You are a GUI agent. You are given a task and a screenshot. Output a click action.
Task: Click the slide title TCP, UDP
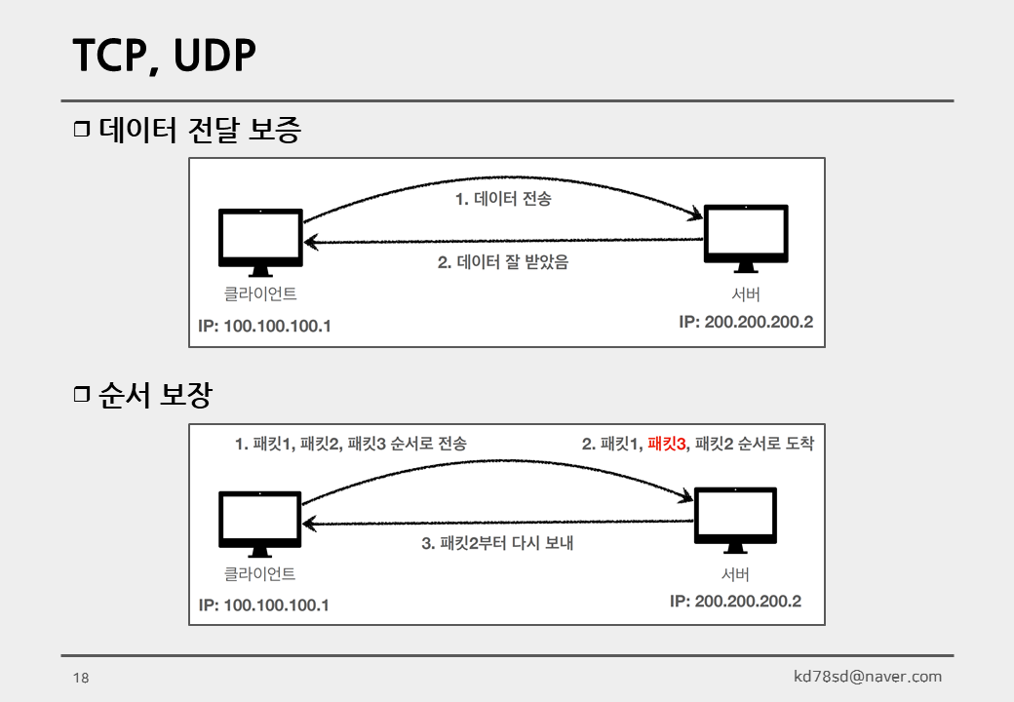[x=164, y=57]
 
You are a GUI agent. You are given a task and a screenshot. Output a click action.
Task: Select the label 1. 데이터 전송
[x=503, y=199]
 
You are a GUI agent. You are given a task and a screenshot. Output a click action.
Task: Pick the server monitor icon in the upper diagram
[x=746, y=237]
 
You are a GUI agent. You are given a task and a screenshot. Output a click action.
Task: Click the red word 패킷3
[x=668, y=444]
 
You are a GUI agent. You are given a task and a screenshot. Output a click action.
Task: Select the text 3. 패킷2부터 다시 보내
[x=497, y=543]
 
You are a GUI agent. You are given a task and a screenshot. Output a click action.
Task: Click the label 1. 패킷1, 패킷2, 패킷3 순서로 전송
[x=351, y=444]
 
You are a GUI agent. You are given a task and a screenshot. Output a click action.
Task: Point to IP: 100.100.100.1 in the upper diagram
[x=264, y=326]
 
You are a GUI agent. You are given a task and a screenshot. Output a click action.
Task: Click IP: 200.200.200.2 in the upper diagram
[x=746, y=322]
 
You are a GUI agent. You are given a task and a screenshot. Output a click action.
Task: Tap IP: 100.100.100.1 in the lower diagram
[x=263, y=604]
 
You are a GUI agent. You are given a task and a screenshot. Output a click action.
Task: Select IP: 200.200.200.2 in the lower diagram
[x=735, y=601]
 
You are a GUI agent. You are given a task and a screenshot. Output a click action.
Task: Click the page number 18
[x=81, y=678]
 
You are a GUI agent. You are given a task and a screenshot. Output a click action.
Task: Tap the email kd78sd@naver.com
[x=868, y=677]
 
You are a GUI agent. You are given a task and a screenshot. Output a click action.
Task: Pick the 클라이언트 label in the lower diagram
[x=260, y=574]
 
